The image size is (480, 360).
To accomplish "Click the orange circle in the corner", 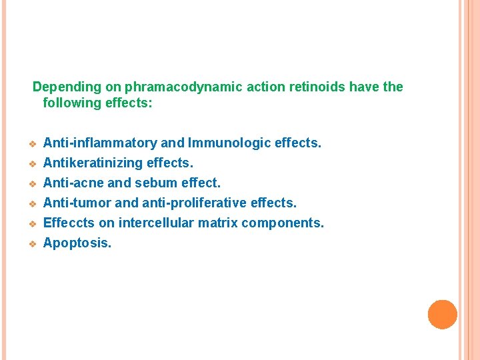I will point(443,315).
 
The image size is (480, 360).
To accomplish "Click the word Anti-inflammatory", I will point(101,143).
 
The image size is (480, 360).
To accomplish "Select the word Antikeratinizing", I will point(93,163).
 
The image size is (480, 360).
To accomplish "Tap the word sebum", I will point(157,183).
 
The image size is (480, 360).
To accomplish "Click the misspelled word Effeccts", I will point(69,223).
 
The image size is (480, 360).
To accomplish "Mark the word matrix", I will point(217,223).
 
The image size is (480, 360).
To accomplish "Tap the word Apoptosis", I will point(77,243).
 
